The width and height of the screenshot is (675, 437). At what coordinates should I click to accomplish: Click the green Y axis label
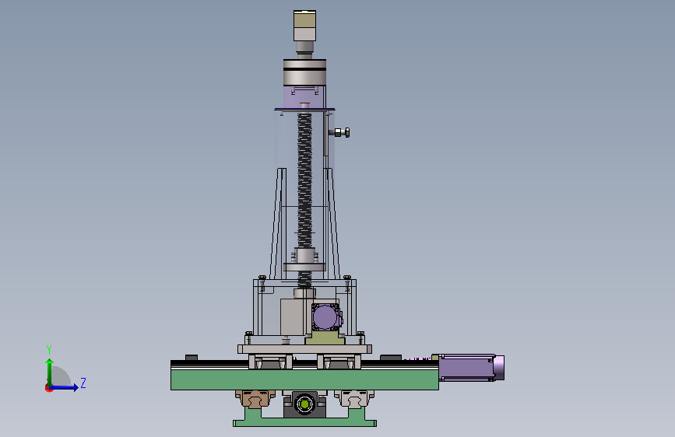(49, 350)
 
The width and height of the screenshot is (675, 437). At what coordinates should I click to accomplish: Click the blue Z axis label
(83, 383)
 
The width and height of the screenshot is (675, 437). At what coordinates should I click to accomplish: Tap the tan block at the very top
(304, 19)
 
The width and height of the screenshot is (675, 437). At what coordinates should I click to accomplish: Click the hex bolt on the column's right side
(343, 132)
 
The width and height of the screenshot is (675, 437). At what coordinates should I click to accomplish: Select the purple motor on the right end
(471, 367)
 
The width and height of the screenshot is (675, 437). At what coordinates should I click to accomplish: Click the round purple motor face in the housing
(325, 317)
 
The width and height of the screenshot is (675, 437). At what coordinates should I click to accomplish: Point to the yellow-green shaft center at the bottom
(304, 404)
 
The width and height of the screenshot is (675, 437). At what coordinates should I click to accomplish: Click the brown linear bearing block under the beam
(255, 398)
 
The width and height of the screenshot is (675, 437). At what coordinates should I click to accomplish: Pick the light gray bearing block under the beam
(354, 398)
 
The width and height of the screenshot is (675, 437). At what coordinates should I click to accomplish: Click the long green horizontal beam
(304, 379)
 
